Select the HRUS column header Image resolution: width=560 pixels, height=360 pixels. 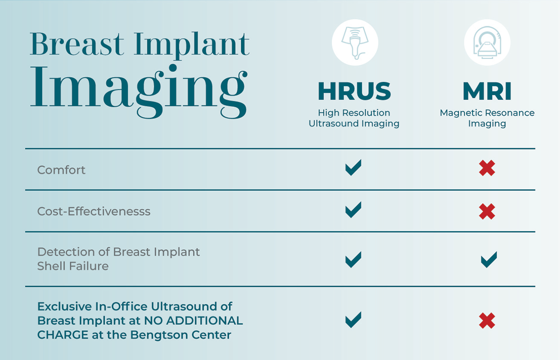(x=354, y=91)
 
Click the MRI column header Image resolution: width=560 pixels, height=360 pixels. (x=487, y=91)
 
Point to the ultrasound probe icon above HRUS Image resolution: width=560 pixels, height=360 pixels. (x=355, y=43)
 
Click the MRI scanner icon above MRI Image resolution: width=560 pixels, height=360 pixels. (x=487, y=43)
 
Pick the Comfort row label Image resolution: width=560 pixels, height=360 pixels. (x=61, y=170)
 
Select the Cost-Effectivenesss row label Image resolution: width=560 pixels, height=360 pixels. (x=94, y=211)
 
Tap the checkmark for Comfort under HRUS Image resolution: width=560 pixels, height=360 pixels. (x=353, y=168)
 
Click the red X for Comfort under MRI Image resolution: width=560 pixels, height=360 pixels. (x=487, y=168)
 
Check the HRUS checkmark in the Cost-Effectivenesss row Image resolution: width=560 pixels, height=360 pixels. (x=353, y=210)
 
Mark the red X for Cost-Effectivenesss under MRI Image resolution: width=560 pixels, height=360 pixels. (x=487, y=211)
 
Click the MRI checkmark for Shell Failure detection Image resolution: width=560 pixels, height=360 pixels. (x=488, y=260)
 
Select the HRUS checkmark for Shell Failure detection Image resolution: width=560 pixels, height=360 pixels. (x=353, y=260)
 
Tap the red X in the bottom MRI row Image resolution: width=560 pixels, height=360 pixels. (x=487, y=321)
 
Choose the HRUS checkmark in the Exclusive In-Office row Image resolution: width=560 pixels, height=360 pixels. (x=353, y=320)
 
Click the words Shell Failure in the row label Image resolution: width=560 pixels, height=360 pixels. (x=73, y=266)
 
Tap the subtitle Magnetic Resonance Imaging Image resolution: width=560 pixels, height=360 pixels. (x=487, y=118)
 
